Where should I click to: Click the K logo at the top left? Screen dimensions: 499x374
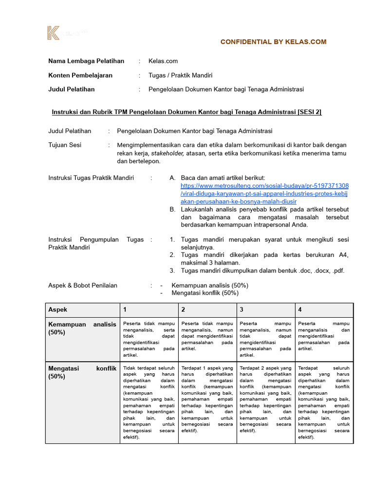pos(53,33)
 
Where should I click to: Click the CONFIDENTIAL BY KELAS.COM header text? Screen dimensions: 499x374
pos(273,42)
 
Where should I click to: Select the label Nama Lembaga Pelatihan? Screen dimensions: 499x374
pos(86,61)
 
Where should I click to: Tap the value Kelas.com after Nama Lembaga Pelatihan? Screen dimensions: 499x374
pos(163,61)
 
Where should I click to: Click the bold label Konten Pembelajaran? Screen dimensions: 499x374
pos(80,75)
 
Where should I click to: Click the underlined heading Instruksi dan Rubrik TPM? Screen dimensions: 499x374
pos(187,112)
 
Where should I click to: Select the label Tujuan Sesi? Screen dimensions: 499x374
pos(65,145)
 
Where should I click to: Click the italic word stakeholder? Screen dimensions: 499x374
pos(168,153)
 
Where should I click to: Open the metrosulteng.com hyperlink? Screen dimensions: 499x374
pos(264,193)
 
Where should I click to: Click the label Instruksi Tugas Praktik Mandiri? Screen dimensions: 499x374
pos(91,178)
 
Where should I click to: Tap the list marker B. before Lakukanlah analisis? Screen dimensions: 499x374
pos(172,209)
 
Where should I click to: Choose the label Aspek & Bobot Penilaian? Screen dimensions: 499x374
pos(83,285)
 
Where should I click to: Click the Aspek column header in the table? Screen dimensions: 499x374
pos(58,309)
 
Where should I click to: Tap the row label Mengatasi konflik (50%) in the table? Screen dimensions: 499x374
pos(82,372)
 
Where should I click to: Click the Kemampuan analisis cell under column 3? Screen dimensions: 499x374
pos(265,336)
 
